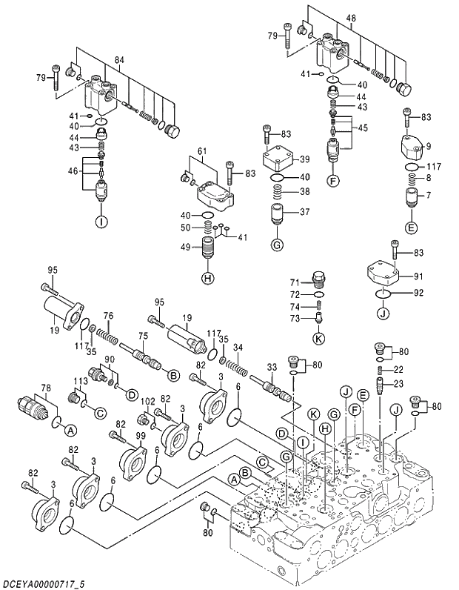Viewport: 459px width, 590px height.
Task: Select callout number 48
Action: pyautogui.click(x=350, y=18)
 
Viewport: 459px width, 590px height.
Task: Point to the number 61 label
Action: pyautogui.click(x=201, y=152)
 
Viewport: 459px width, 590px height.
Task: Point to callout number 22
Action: pyautogui.click(x=398, y=369)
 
